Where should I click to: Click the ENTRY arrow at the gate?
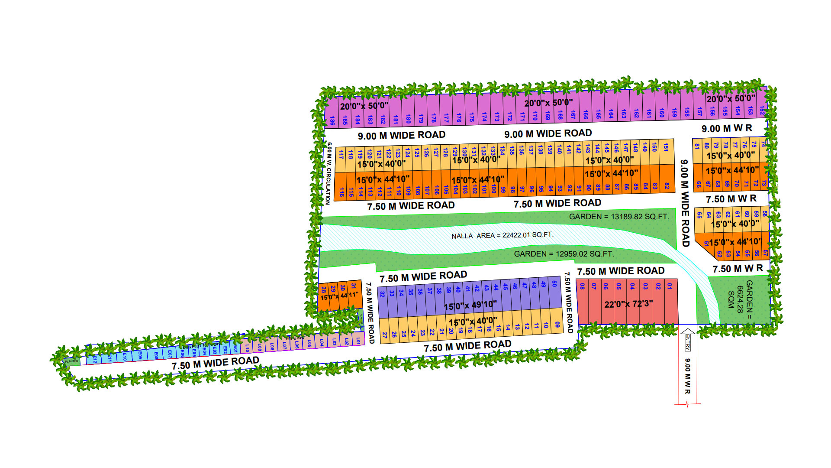point(688,340)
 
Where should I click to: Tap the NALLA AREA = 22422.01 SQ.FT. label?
point(502,235)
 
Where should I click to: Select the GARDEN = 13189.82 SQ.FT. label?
point(618,216)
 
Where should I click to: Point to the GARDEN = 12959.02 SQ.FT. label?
point(564,253)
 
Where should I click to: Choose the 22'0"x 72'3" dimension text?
point(628,304)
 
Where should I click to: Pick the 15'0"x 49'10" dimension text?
point(470,305)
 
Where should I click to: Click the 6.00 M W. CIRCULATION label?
point(329,173)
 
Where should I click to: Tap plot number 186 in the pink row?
point(332,120)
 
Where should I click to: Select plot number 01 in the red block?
point(670,286)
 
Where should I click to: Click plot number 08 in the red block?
point(583,286)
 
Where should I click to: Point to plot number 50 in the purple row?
point(554,284)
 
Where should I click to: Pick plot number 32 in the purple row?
point(382,294)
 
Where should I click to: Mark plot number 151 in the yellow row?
point(666,148)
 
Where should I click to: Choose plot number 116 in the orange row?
point(341,192)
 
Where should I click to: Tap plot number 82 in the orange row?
point(667,186)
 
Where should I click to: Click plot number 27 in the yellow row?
point(384,335)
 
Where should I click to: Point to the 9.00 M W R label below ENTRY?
point(687,376)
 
